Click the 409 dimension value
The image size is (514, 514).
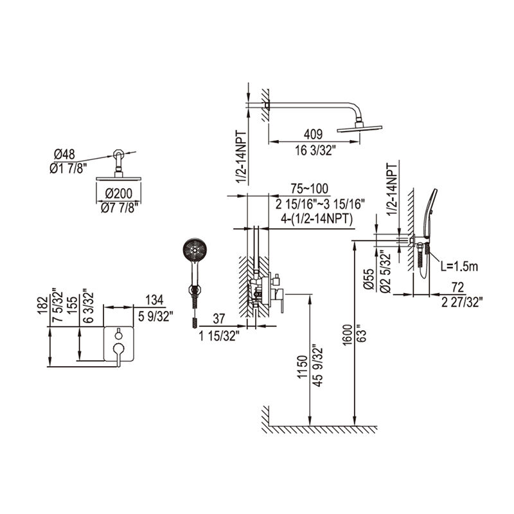[x=313, y=134]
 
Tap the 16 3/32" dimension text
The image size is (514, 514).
[x=315, y=151]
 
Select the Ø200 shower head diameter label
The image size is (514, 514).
[x=119, y=193]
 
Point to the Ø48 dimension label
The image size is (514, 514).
[x=64, y=154]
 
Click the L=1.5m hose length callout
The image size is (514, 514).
[x=459, y=267]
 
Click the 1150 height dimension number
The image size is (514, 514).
[x=303, y=367]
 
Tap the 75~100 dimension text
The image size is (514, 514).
[x=309, y=188]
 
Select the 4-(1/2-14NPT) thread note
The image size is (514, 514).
[x=317, y=218]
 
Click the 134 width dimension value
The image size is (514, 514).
[x=154, y=299]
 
